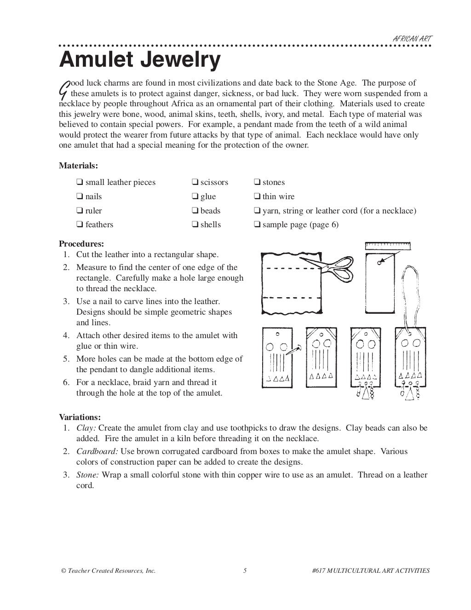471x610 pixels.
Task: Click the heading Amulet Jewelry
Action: click(x=139, y=60)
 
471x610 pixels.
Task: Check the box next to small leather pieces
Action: click(x=80, y=183)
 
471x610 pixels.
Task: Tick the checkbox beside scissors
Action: click(x=195, y=183)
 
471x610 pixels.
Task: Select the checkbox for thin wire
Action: click(x=257, y=197)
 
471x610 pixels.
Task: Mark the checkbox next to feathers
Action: click(x=80, y=225)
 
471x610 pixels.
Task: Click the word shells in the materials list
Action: click(x=210, y=224)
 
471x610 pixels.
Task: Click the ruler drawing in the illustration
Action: click(x=388, y=246)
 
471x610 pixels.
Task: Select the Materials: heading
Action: click(x=78, y=166)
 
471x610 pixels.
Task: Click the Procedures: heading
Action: click(x=81, y=244)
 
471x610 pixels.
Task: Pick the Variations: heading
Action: click(x=80, y=417)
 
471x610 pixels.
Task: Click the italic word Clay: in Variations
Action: click(x=86, y=428)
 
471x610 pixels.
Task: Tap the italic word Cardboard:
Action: click(x=97, y=451)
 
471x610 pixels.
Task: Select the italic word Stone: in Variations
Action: click(x=87, y=475)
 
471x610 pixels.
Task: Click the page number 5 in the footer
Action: click(x=245, y=571)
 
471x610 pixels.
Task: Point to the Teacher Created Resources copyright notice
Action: click(x=108, y=571)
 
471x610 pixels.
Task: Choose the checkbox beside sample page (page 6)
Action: click(x=257, y=225)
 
